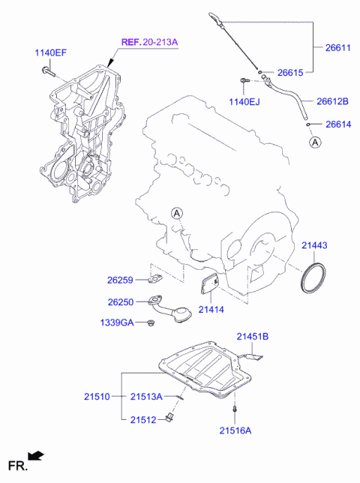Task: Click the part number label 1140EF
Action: [x=49, y=52]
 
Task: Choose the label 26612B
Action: [x=332, y=101]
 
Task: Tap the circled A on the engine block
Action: [x=176, y=214]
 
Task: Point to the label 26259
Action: [x=119, y=280]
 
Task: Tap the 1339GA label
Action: [x=118, y=322]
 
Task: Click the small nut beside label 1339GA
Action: [x=151, y=322]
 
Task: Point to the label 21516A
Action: [x=235, y=430]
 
